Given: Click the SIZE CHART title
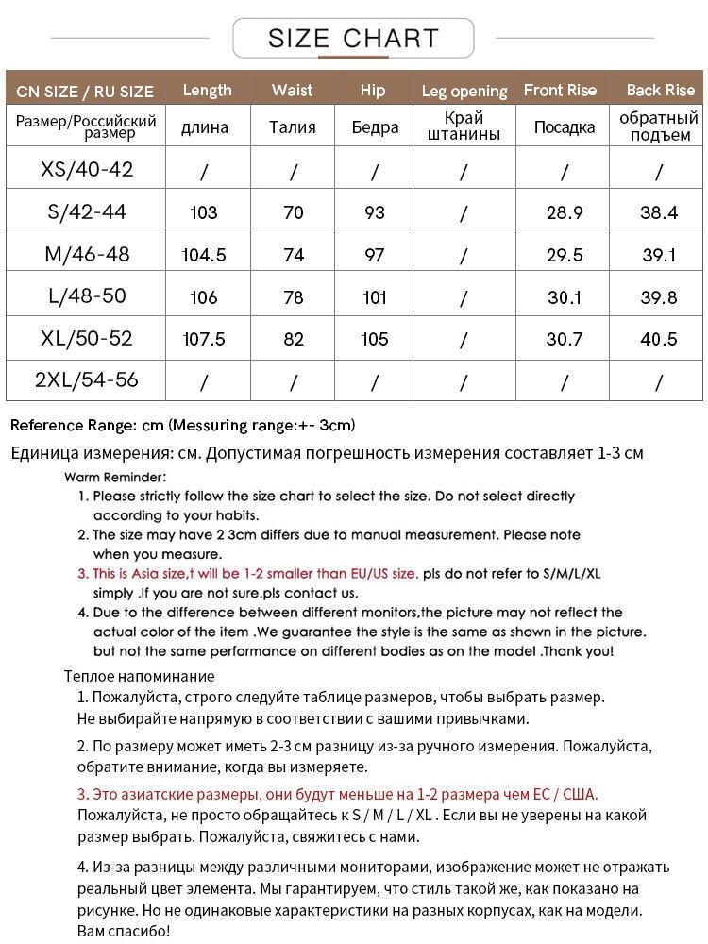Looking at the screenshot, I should tap(353, 39).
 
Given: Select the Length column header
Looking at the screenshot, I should tap(207, 90).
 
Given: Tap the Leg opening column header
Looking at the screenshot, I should tap(464, 91).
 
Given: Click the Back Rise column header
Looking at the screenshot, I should tap(660, 90).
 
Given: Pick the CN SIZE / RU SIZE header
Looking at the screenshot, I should tap(85, 92).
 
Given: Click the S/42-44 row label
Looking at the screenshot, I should tap(86, 211).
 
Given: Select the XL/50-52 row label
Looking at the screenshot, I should tap(86, 338).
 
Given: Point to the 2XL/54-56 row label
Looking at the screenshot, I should tap(86, 379).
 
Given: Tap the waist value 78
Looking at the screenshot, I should tap(294, 297).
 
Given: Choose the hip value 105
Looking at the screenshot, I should tap(375, 339).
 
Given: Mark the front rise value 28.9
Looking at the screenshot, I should tap(565, 212).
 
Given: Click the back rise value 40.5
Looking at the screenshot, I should tap(659, 339).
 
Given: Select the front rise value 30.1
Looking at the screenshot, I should tap(565, 297).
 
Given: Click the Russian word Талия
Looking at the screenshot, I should tap(293, 126).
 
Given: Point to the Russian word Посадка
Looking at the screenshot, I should tap(564, 126).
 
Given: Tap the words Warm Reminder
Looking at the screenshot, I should tap(115, 477).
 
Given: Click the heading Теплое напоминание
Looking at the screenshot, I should tap(139, 676).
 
